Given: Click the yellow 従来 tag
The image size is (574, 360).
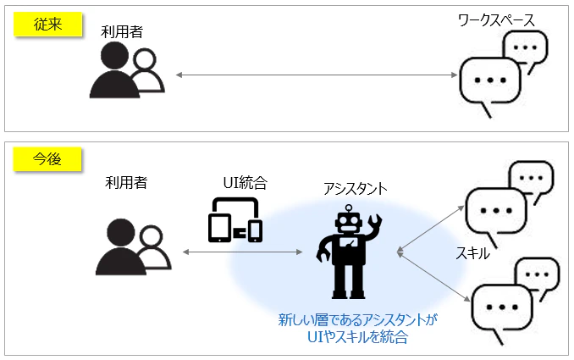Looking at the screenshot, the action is coord(47,25).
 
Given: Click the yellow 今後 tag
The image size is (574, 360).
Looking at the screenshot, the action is coord(47,159).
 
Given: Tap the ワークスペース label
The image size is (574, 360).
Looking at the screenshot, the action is coord(496,20).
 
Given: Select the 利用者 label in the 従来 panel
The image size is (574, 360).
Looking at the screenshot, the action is coord(122,32).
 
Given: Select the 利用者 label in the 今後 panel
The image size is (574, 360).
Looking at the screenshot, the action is coord(126,182).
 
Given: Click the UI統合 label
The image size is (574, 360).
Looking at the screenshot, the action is coord(245,183).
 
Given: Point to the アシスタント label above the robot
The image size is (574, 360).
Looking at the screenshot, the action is coord(355,189).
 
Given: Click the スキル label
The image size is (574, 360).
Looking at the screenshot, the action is coord(472,253).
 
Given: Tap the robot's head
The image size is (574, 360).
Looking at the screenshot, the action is coord(349,222).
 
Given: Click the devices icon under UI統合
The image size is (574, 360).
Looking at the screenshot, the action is coord(235,219).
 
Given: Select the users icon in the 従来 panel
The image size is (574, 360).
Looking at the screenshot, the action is coord(127,69).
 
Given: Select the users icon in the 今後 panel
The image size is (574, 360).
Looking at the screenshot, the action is coord(133,246).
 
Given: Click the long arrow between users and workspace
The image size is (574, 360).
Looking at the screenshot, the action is coord(317,75).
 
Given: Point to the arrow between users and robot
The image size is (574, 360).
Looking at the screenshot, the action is coord(242,252).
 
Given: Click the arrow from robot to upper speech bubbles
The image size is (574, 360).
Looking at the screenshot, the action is coord(430,229).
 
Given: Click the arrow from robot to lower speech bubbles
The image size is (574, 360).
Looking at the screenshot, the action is coord(433,276).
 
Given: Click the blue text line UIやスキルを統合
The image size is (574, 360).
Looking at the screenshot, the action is coord(357,337).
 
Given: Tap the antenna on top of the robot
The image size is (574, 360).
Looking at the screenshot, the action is coord(349,208).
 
